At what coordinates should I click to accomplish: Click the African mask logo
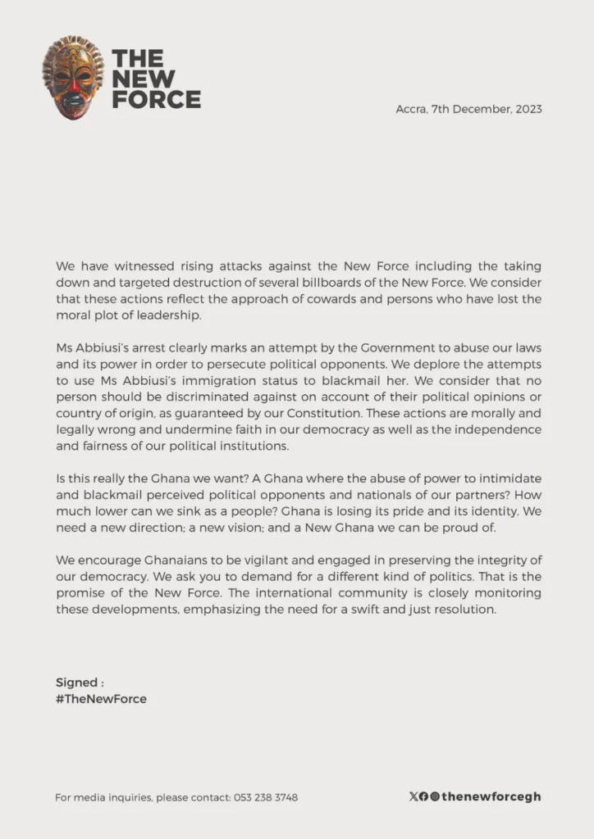tap(74, 78)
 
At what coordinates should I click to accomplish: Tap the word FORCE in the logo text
tap(156, 100)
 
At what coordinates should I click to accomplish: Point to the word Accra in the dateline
tap(411, 109)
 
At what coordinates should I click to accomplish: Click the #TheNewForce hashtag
tap(101, 699)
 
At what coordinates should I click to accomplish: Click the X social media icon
tap(413, 796)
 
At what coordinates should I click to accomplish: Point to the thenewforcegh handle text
tap(491, 796)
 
